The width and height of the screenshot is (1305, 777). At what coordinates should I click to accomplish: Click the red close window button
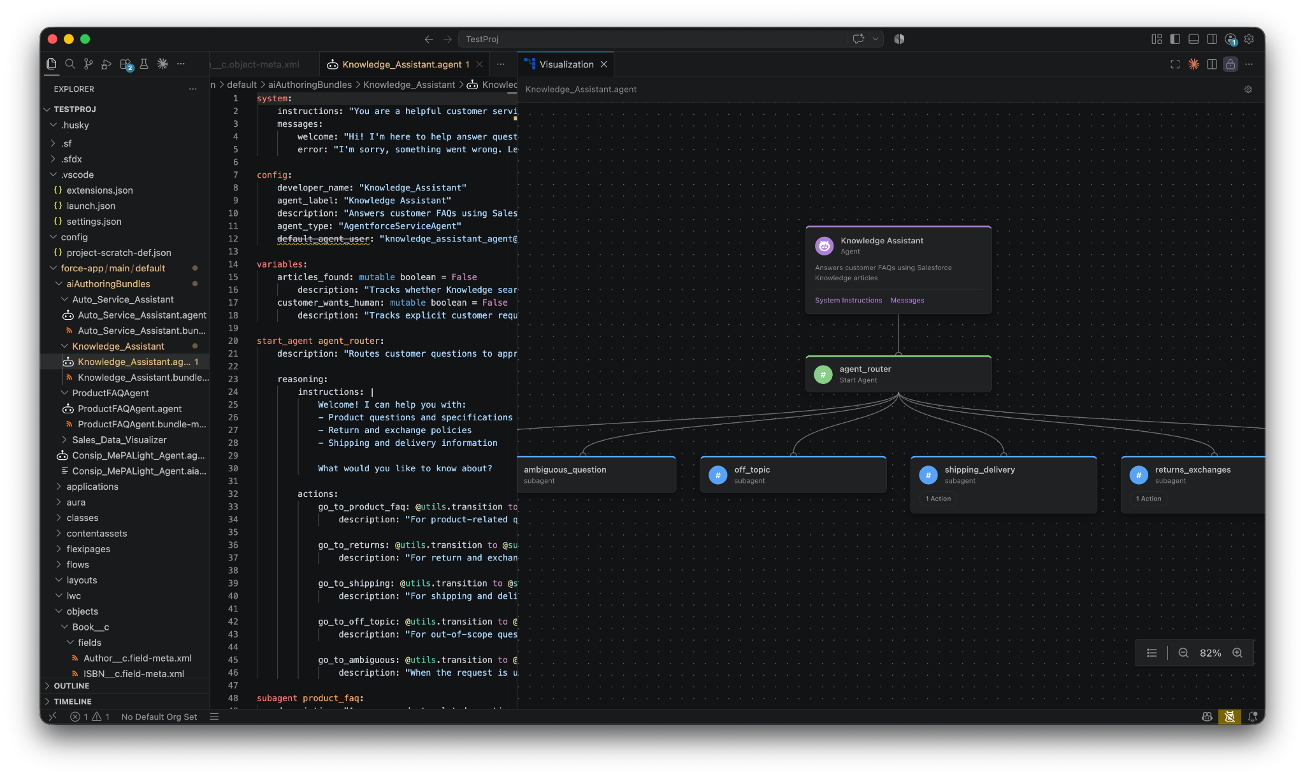click(53, 39)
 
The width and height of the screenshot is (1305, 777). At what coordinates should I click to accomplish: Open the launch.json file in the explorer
click(90, 206)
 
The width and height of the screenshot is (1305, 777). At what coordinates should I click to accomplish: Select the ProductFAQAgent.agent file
click(129, 408)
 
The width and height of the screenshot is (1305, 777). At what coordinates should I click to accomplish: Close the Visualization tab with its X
click(603, 64)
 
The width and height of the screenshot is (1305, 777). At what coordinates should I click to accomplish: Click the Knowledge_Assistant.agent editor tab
click(401, 64)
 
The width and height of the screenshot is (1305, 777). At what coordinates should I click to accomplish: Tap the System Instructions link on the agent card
click(848, 300)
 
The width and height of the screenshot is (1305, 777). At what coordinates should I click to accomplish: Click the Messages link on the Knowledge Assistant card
click(907, 300)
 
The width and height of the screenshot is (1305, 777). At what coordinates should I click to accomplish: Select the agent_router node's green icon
click(823, 374)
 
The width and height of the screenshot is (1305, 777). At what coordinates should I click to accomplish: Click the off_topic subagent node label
click(752, 469)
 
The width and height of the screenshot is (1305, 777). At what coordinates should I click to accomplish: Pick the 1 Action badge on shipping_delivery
click(938, 499)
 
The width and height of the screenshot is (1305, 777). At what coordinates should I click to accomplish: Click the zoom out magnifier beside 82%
click(1183, 653)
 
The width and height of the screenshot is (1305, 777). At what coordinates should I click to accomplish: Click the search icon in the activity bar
click(70, 64)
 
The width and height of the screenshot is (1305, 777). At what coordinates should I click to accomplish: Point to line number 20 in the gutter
click(233, 341)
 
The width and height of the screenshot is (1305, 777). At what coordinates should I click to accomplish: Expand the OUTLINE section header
click(71, 686)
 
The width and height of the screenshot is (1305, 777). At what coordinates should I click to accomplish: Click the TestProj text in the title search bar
click(482, 39)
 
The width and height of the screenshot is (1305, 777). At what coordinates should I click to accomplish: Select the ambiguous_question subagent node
click(596, 474)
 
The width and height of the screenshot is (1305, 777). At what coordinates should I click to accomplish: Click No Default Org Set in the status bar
click(159, 716)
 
